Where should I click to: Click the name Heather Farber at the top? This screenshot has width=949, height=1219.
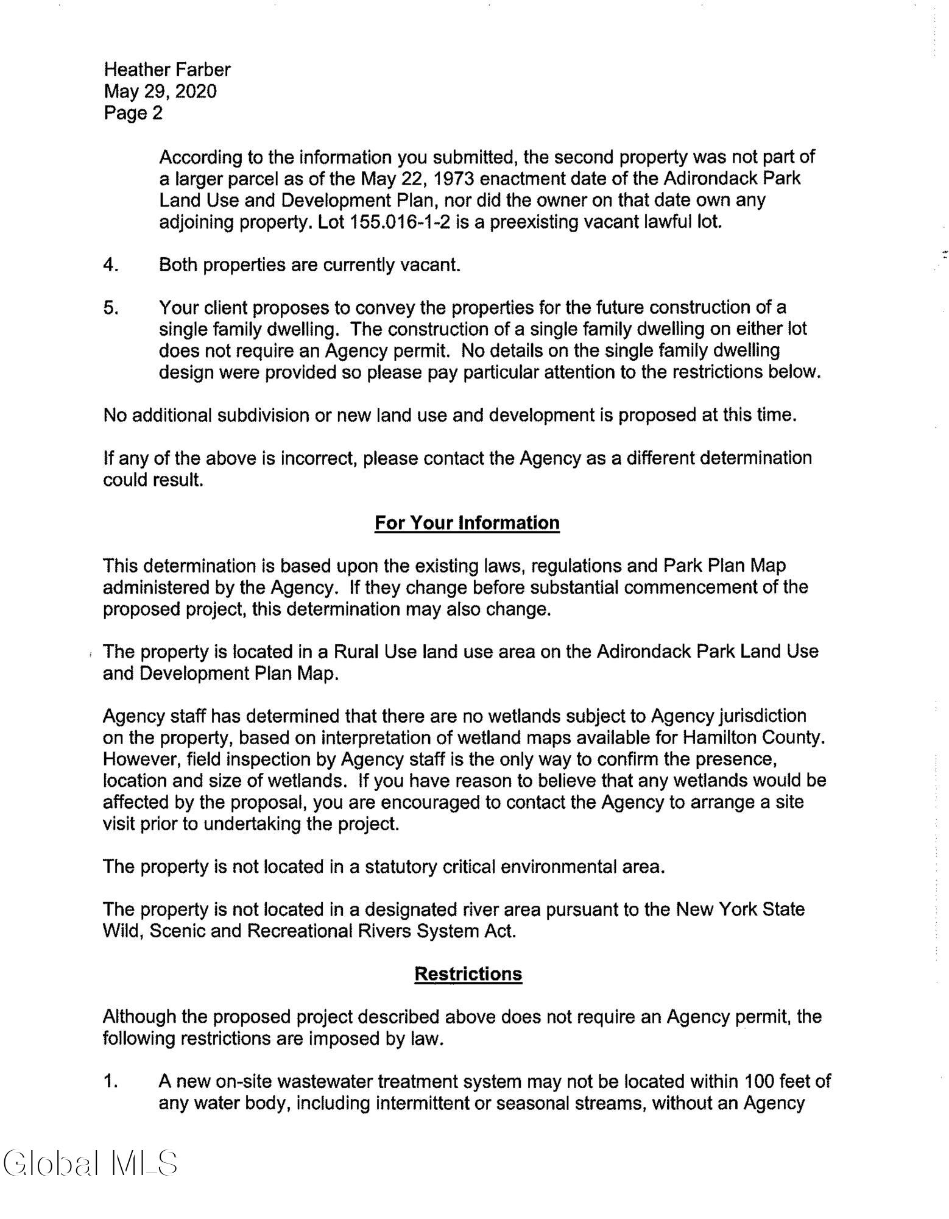[x=167, y=70]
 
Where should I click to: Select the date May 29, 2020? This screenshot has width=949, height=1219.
[x=160, y=91]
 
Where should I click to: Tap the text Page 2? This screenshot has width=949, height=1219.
[x=133, y=113]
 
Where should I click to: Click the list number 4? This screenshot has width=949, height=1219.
[x=110, y=265]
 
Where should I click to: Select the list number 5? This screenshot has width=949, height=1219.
[x=110, y=308]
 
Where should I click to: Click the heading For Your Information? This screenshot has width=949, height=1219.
[x=467, y=523]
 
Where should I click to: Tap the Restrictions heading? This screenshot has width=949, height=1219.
[x=468, y=973]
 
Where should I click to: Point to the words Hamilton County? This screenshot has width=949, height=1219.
[x=753, y=737]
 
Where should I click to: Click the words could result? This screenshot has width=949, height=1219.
[x=152, y=480]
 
